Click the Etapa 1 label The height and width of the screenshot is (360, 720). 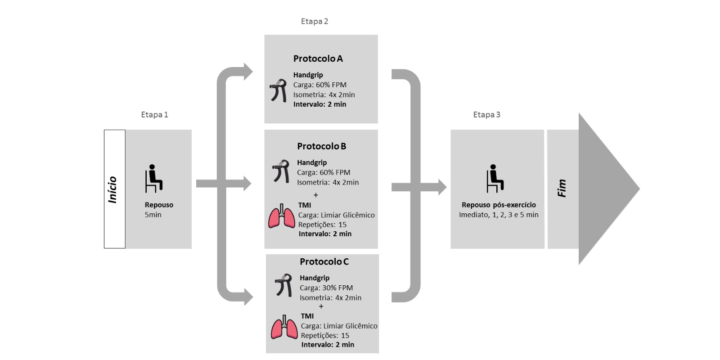pos(154,115)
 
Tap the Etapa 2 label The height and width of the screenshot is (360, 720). pos(315,21)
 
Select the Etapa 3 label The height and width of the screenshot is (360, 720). pos(486,115)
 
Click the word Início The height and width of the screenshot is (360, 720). pos(112,189)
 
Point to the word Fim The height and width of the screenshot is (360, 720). pos(562,188)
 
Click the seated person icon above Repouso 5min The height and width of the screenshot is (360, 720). pos(153,178)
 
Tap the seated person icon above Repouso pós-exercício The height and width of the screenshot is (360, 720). pos(495,178)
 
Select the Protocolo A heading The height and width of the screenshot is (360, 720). pos(318,58)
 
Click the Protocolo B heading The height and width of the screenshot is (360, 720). pos(321,146)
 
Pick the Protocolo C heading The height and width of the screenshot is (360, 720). pos(324,261)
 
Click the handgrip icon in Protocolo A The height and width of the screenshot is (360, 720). pos(279,90)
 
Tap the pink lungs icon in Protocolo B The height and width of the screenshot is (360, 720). pos(282,216)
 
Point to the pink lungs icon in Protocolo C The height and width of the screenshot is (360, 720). pos(284,327)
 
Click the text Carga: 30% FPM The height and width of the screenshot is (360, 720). pos(326,288)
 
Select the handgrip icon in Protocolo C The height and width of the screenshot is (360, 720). pos(284,285)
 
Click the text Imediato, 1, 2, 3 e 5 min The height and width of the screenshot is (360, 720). pos(499,215)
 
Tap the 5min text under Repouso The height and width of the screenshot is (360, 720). pos(153,215)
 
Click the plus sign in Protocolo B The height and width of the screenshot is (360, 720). pos(315,195)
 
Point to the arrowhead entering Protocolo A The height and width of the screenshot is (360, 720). pos(248,72)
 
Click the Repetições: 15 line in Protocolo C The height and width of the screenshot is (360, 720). pos(325,335)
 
